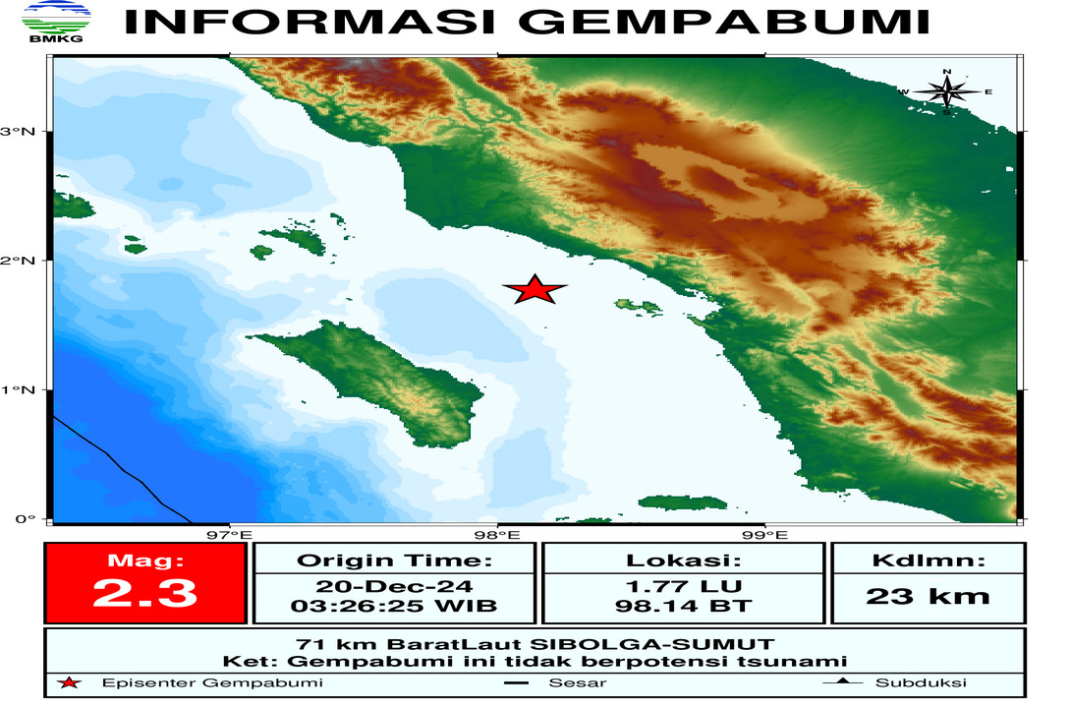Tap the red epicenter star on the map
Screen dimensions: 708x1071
tap(535, 290)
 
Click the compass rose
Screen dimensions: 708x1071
tap(946, 92)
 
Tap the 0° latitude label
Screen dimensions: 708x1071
tap(26, 519)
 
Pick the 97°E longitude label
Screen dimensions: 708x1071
tap(230, 536)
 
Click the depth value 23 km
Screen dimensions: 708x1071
tap(928, 595)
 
